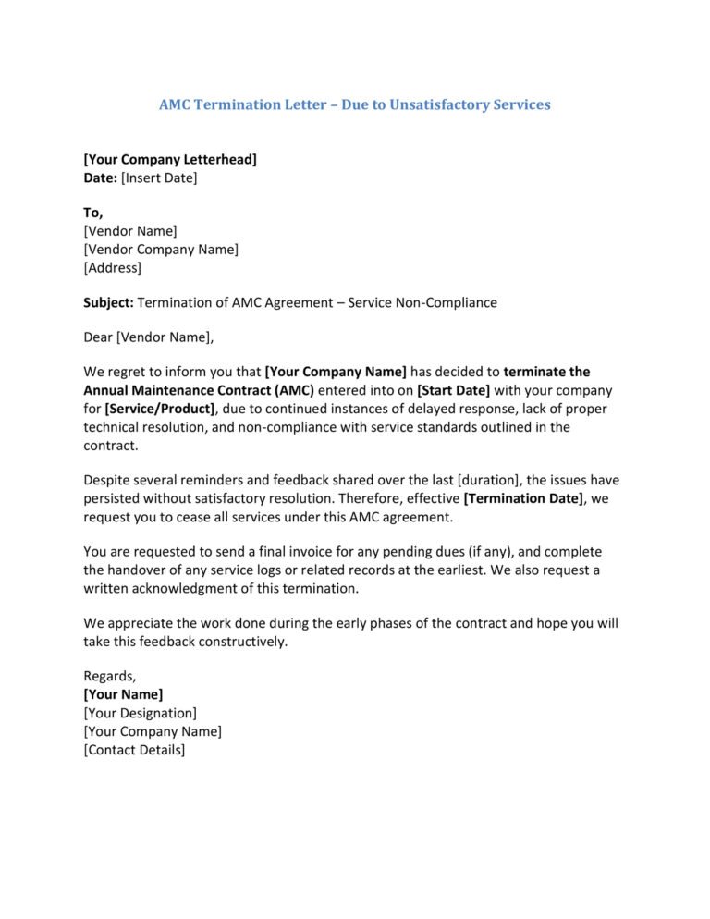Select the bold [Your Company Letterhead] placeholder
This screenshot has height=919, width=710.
pos(170,160)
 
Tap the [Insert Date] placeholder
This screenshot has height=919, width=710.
pos(159,178)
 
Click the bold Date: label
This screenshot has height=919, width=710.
pos(100,178)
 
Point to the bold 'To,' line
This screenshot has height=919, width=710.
pos(93,213)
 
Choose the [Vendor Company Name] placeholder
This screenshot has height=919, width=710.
pos(161,249)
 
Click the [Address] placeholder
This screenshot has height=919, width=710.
pos(112,267)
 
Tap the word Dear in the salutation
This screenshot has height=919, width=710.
pos(98,337)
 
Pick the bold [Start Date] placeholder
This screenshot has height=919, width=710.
pos(453,390)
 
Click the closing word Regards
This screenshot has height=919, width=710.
pos(109,676)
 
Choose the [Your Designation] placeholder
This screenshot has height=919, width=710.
pos(140,713)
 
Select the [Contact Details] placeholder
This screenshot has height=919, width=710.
pos(134,750)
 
